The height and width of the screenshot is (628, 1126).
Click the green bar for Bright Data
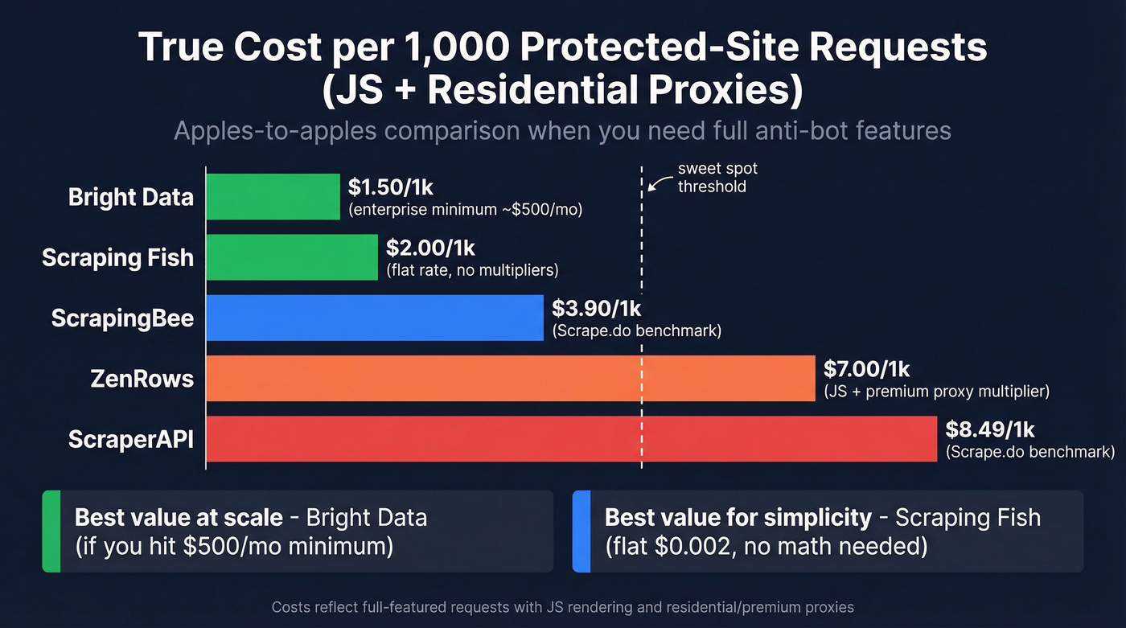click(273, 196)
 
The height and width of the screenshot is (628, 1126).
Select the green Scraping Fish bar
click(292, 257)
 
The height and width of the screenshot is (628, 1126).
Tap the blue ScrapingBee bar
click(375, 318)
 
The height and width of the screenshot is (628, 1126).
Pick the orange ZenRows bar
click(511, 378)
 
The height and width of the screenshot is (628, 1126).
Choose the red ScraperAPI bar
click(572, 439)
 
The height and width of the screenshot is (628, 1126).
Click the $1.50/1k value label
click(391, 187)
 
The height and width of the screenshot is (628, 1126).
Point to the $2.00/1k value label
click(429, 248)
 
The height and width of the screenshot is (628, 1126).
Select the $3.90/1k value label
click(596, 308)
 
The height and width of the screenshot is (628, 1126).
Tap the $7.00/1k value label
click(867, 369)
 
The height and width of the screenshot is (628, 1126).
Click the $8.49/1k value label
click(988, 429)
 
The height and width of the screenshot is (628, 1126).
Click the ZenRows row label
click(142, 379)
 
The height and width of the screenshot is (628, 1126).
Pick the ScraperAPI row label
click(131, 440)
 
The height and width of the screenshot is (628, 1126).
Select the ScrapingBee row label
click(122, 318)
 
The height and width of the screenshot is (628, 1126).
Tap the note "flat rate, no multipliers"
click(472, 270)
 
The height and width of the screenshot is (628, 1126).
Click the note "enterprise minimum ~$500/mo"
click(465, 210)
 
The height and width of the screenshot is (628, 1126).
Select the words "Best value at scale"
click(179, 517)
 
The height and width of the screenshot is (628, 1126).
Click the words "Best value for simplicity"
click(738, 517)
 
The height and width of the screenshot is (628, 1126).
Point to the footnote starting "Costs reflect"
click(562, 607)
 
